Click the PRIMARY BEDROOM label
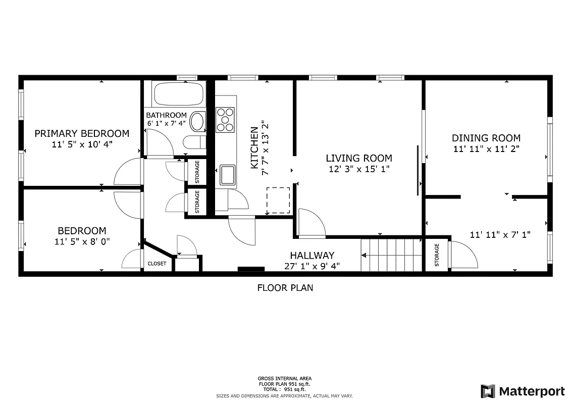point(82,134)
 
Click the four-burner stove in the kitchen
point(226,120)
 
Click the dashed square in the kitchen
point(278,200)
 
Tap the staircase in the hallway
point(391,255)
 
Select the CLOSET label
point(157,264)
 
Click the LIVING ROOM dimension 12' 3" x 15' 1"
point(359,169)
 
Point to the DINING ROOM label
point(486,138)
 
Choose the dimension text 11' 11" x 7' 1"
point(500,234)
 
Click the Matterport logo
point(523,391)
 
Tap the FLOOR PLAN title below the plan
point(285,288)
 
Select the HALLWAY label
point(312,256)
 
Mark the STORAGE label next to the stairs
point(437,255)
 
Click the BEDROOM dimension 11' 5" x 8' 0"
point(82,241)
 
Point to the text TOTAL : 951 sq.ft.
point(285,389)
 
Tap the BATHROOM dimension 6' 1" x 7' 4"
point(167,123)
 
